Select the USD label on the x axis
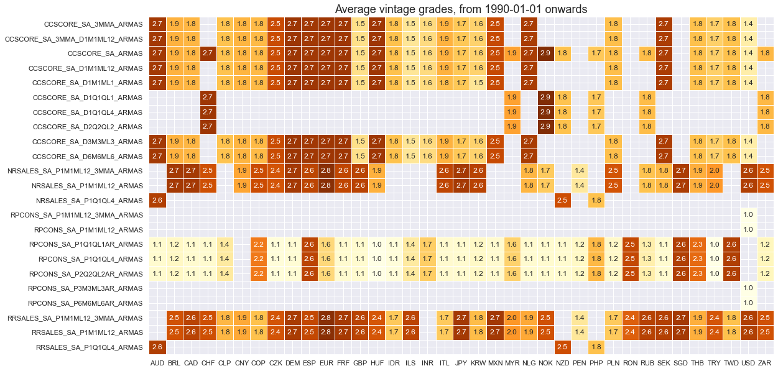point(748,362)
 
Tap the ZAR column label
point(765,362)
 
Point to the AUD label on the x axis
point(157,362)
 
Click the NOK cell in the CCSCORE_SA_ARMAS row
point(546,53)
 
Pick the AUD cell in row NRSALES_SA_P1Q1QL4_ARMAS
point(157,200)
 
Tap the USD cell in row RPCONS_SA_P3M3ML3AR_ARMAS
point(748,288)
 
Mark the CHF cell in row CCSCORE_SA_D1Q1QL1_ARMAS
point(208,98)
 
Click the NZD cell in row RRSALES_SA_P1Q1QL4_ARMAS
point(563,347)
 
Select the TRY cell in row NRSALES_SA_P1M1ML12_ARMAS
point(715,185)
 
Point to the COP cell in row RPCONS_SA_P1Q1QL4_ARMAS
point(259,259)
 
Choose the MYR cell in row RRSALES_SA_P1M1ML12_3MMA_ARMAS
point(512,318)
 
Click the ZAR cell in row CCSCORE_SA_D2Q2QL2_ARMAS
point(765,127)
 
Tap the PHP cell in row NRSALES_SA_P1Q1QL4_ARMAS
point(596,200)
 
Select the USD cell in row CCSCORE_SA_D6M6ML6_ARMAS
point(748,156)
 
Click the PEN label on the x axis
point(580,362)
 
